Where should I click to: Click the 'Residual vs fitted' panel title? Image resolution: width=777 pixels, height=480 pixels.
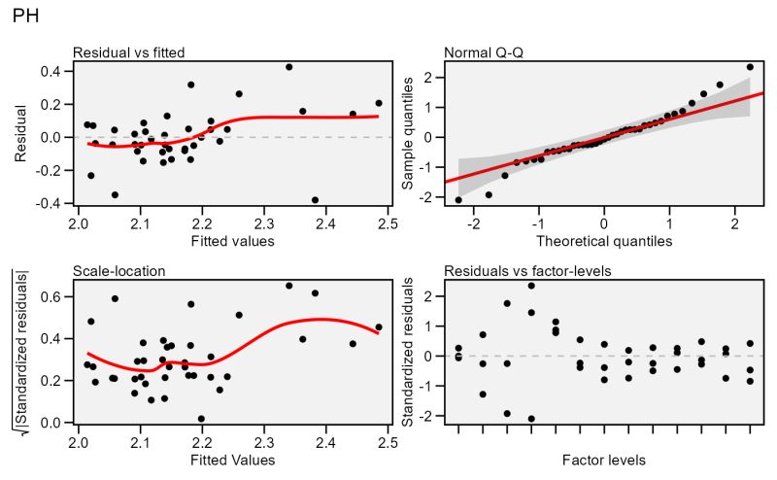click(129, 51)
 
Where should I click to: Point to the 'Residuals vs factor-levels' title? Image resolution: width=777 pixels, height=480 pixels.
click(527, 270)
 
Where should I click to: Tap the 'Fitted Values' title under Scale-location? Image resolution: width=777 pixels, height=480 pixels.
click(233, 460)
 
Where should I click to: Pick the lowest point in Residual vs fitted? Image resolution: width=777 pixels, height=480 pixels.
click(315, 200)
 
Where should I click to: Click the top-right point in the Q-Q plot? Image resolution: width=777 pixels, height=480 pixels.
click(750, 67)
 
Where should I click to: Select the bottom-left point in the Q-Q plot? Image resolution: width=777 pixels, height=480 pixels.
click(458, 200)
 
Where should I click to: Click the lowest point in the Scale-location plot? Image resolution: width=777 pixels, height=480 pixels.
click(201, 419)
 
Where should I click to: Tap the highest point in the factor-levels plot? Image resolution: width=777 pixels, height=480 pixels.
click(531, 286)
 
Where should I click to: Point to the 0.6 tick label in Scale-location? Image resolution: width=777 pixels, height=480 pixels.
click(52, 295)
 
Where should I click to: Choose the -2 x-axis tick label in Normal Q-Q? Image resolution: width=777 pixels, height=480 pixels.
click(472, 224)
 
